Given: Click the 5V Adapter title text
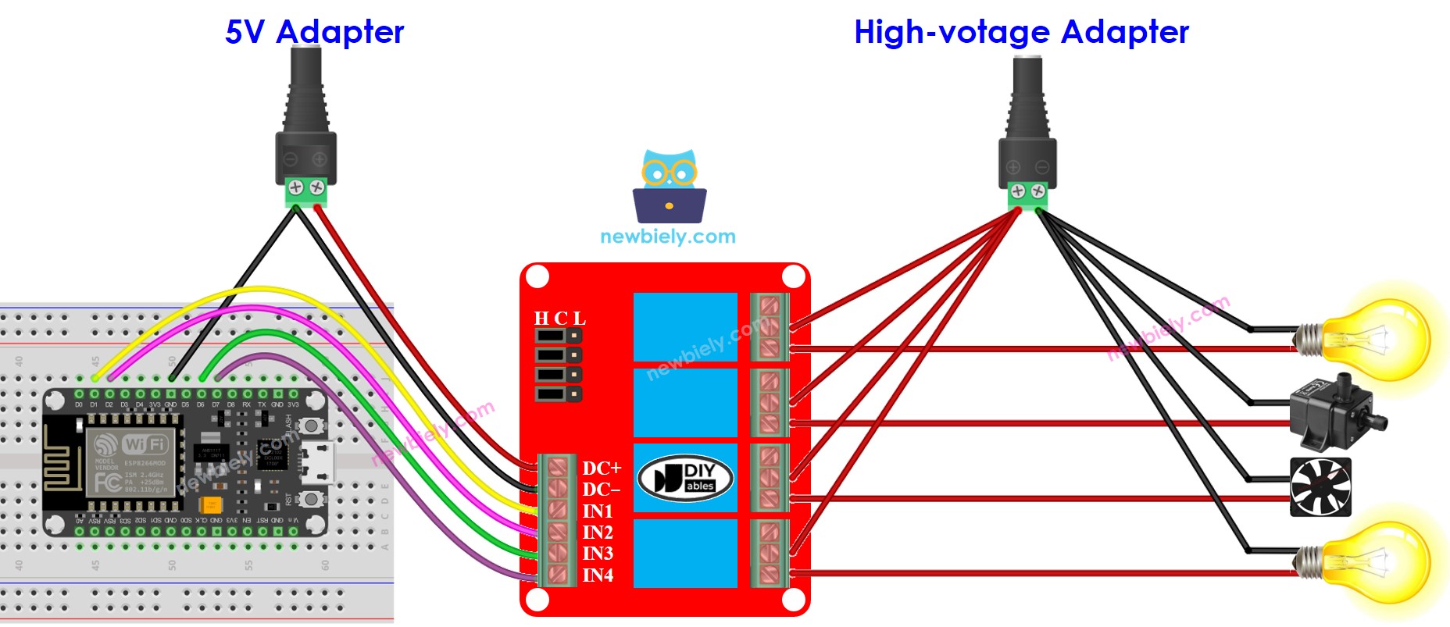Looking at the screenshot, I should [x=314, y=32].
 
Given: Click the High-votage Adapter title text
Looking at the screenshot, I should [x=1021, y=32].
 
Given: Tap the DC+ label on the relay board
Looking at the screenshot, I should [x=602, y=468].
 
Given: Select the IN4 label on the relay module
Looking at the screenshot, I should [x=598, y=575].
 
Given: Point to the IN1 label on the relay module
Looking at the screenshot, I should [x=598, y=511].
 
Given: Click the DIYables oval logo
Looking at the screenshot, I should [x=685, y=478].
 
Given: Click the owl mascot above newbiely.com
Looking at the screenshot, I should [x=670, y=186].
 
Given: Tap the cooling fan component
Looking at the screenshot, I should [x=1320, y=487].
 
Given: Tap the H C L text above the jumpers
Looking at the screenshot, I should [x=559, y=319].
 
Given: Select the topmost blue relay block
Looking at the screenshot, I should [x=685, y=326].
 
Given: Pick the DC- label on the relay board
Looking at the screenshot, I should [x=601, y=490].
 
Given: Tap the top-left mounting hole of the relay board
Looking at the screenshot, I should [x=537, y=276].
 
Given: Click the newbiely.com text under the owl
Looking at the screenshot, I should [x=668, y=237].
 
